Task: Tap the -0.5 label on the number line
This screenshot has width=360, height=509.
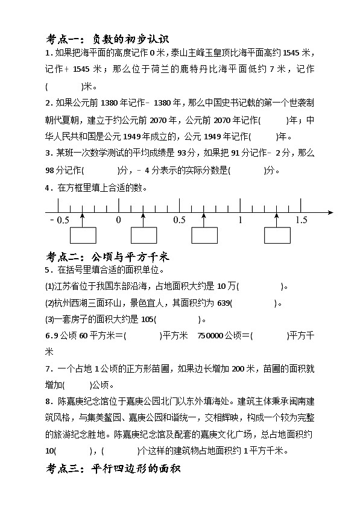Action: coord(60,220)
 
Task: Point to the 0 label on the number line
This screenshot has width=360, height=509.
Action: coord(119,220)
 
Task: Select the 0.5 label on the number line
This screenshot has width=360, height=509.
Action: coord(179,220)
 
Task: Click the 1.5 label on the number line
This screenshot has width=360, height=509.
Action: coord(302,220)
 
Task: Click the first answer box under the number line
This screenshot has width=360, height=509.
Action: coord(83,235)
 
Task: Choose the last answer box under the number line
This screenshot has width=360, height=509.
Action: coord(277,235)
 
